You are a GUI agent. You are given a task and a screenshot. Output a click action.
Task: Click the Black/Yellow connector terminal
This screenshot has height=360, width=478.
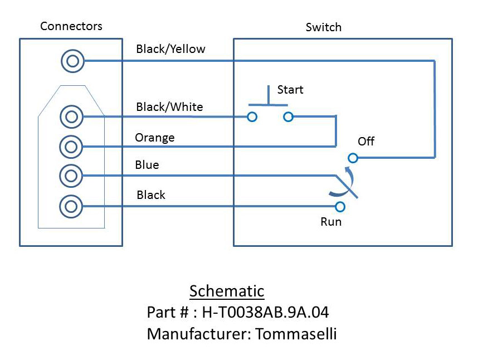[x=72, y=61]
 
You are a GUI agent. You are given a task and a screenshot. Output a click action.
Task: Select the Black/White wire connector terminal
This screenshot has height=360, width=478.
[x=72, y=116]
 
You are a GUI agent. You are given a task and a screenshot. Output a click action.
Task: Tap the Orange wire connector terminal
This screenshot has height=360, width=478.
[x=71, y=147]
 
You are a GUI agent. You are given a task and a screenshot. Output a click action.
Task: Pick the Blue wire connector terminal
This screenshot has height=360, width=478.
[x=71, y=176]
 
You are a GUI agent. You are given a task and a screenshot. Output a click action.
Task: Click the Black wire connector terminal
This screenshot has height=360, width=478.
[x=71, y=206]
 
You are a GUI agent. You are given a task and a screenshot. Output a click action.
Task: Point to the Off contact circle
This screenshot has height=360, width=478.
[x=353, y=158]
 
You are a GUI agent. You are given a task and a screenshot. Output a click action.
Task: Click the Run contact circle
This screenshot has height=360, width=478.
[x=340, y=207]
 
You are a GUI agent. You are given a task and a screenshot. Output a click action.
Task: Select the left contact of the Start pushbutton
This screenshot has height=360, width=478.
[x=252, y=116]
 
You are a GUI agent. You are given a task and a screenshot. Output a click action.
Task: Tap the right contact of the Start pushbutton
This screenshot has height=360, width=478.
[x=288, y=116]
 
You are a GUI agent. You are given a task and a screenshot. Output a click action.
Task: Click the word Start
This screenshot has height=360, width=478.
[x=290, y=90]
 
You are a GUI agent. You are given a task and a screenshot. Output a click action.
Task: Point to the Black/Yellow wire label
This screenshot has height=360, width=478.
[x=170, y=49]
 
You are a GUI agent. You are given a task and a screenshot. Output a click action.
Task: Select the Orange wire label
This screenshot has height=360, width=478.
[x=155, y=138]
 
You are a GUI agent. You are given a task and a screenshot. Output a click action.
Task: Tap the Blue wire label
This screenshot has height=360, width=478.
[x=147, y=165]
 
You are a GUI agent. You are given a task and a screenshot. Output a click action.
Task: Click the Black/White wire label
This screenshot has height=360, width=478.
[x=169, y=106]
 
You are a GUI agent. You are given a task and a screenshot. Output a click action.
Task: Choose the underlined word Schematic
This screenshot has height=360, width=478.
[x=227, y=291]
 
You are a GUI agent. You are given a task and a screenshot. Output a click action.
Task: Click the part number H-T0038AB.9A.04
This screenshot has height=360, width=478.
[x=266, y=312]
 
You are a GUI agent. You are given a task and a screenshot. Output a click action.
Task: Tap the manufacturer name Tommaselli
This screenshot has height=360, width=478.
[x=296, y=333]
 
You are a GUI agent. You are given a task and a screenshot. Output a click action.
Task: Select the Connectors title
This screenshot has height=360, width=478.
[x=71, y=26]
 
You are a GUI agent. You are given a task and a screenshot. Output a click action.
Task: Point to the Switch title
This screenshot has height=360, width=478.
[x=324, y=27]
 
